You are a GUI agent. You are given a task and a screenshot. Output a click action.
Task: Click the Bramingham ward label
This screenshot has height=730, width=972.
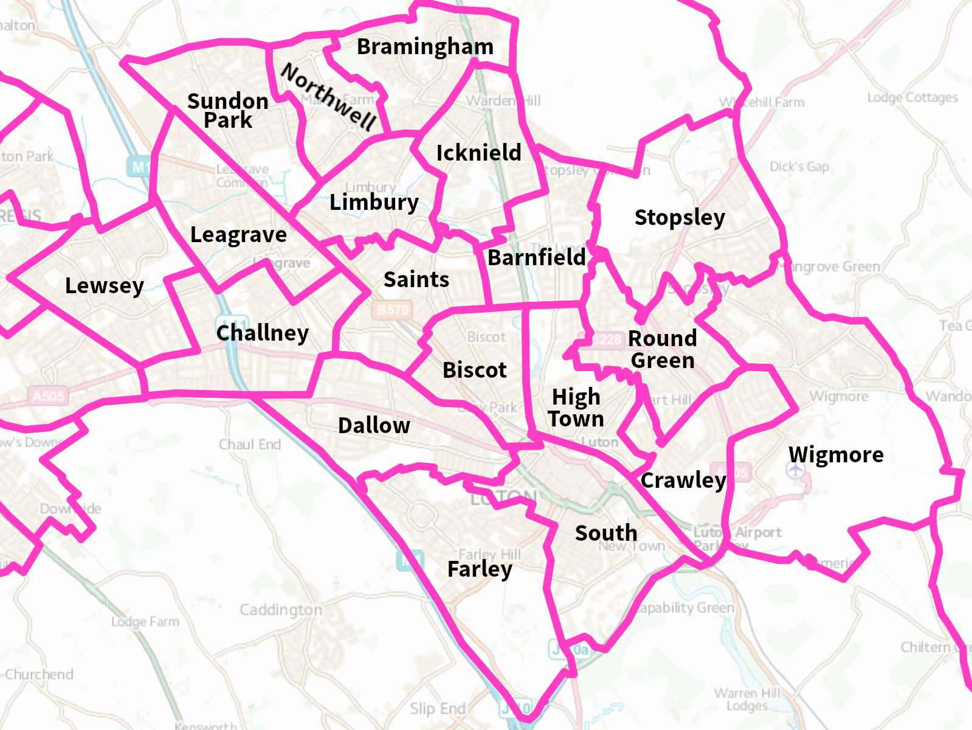pyautogui.click(x=425, y=47)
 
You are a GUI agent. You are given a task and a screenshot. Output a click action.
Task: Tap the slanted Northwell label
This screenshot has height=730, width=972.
pyautogui.click(x=329, y=96)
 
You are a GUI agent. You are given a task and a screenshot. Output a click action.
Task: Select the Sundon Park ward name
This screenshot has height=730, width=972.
pyautogui.click(x=228, y=111)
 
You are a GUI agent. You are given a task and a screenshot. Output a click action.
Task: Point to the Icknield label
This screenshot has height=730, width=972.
pyautogui.click(x=479, y=153)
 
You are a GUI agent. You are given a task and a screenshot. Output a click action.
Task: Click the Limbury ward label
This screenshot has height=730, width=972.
pyautogui.click(x=374, y=203)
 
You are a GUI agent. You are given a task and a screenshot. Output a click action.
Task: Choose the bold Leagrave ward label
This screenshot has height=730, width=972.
pyautogui.click(x=238, y=235)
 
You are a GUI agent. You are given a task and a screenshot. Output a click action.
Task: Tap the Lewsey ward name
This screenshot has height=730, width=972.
pyautogui.click(x=105, y=286)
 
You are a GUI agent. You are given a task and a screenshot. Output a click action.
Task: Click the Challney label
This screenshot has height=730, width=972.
pyautogui.click(x=263, y=333)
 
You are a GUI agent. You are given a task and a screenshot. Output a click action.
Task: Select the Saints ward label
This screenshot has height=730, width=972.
pyautogui.click(x=416, y=280)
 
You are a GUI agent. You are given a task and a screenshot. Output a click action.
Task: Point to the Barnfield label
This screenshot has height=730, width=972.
pyautogui.click(x=537, y=258)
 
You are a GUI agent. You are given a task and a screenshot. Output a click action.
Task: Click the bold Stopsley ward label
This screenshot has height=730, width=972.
pyautogui.click(x=680, y=218)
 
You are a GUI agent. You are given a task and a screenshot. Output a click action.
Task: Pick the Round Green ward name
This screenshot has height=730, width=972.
pyautogui.click(x=663, y=349)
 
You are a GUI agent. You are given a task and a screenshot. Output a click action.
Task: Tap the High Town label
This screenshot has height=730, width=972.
pyautogui.click(x=576, y=408)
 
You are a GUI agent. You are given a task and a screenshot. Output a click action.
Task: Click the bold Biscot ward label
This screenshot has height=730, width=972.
pyautogui.click(x=474, y=370)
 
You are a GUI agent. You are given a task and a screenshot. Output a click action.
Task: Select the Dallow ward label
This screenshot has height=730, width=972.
pyautogui.click(x=374, y=426)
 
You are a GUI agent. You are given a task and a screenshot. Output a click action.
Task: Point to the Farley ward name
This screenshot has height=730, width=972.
pyautogui.click(x=480, y=569)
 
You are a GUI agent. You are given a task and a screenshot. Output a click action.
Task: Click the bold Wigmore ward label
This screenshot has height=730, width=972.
pyautogui.click(x=836, y=454)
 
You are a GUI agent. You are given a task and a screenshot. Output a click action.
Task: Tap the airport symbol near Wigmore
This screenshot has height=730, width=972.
pyautogui.click(x=795, y=470)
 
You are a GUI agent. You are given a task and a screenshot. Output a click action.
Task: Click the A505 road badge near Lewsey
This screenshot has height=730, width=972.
pyautogui.click(x=48, y=397)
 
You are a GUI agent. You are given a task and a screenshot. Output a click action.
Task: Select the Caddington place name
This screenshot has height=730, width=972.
pyautogui.click(x=281, y=610)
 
